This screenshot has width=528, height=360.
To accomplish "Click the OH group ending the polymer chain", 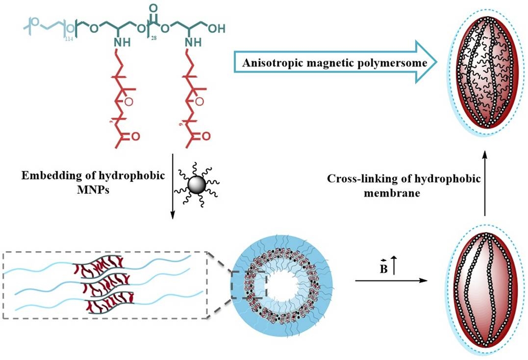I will coord(216,28).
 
